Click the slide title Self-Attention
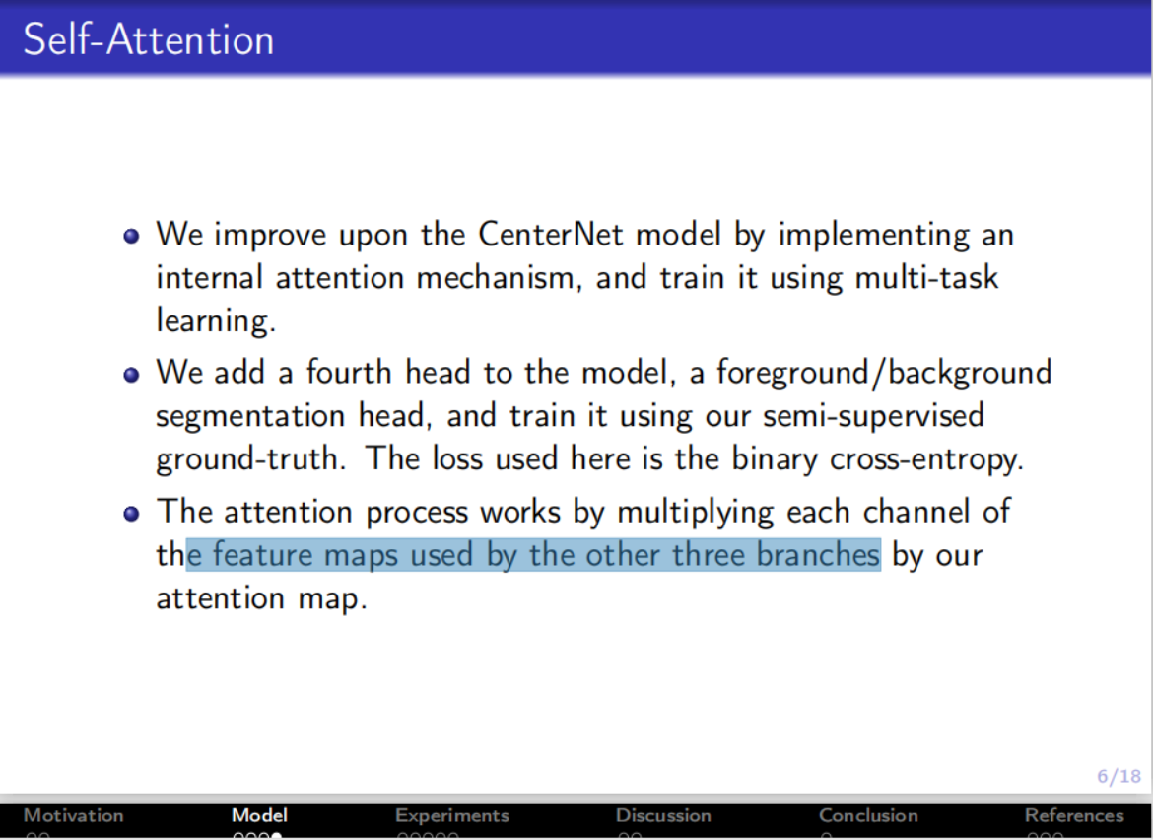tap(148, 39)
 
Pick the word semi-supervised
tap(873, 415)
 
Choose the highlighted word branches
tap(818, 554)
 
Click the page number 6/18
tap(1119, 777)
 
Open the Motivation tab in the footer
tap(73, 815)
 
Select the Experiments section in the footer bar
tap(451, 815)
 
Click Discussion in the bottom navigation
tap(663, 815)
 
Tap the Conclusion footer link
tap(868, 815)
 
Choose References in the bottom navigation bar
tap(1073, 815)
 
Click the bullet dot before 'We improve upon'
tap(132, 238)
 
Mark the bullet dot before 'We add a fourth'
tap(132, 376)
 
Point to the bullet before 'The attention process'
tap(132, 515)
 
